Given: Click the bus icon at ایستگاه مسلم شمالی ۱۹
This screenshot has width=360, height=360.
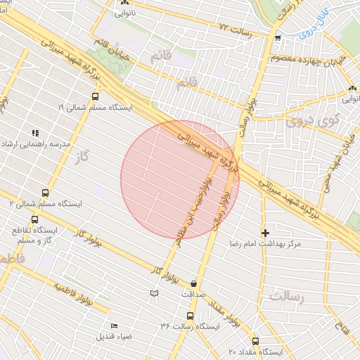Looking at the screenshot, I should [95, 97].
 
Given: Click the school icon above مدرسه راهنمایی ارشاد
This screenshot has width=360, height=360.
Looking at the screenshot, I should [35, 132].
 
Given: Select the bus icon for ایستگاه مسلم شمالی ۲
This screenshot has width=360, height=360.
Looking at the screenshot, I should [46, 192].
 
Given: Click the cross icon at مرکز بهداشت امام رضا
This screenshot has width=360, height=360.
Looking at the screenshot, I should [265, 232].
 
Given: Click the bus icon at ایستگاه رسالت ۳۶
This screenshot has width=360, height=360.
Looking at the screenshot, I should [190, 316].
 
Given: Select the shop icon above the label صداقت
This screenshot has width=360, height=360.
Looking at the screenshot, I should [193, 283].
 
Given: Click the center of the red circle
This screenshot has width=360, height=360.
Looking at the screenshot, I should [180, 180].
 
